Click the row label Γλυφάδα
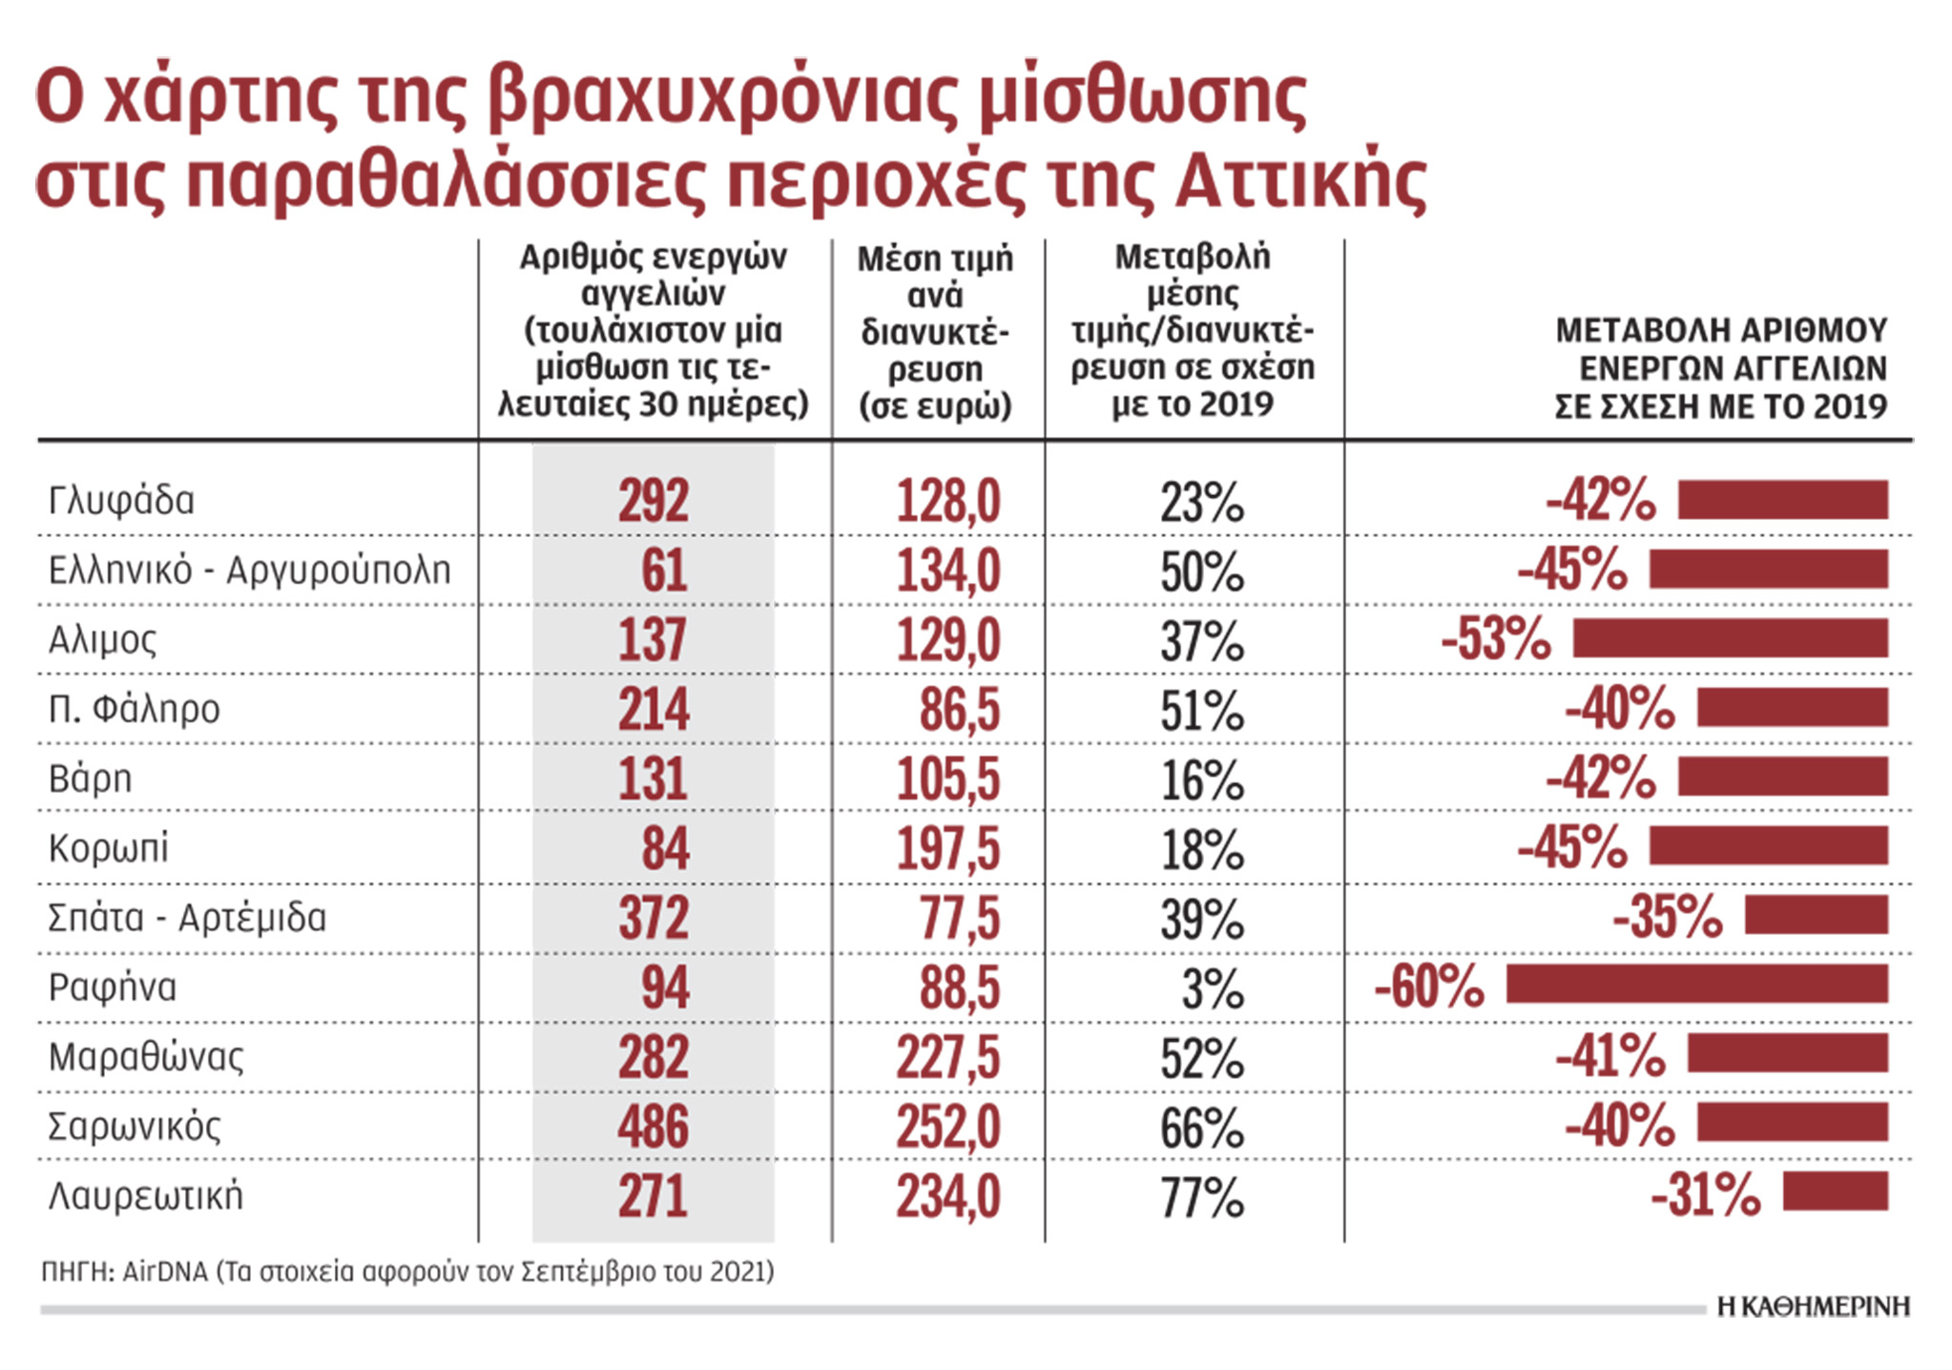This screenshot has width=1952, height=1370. point(121,501)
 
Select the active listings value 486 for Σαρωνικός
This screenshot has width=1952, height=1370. point(653,1127)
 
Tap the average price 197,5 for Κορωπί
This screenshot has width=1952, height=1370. point(947,848)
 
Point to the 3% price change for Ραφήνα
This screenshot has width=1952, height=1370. point(1212,989)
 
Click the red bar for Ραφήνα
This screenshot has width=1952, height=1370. point(1696,985)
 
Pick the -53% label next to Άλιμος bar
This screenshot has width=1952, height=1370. point(1495,638)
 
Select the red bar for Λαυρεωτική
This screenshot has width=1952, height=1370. point(1835,1193)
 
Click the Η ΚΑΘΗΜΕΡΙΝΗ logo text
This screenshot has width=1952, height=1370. point(1813,1306)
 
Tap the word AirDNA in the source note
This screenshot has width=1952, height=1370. point(164,1272)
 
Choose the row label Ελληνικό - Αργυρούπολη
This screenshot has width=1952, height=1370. point(249,571)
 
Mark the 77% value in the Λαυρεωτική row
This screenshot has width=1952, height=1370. point(1202,1198)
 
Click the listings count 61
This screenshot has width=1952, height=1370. point(663,571)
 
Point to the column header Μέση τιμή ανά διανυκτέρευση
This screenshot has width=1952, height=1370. point(935,331)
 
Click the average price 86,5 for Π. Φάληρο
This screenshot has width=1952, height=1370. point(959,710)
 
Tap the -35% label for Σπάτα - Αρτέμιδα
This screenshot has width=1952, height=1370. point(1667,916)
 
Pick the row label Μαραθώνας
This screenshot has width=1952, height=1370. point(146,1057)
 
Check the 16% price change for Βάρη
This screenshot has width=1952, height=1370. point(1202,780)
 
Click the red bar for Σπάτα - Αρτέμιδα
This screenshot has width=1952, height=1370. point(1816,915)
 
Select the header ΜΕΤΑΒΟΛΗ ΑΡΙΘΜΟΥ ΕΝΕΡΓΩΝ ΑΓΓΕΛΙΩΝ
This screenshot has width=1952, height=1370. point(1720,368)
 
